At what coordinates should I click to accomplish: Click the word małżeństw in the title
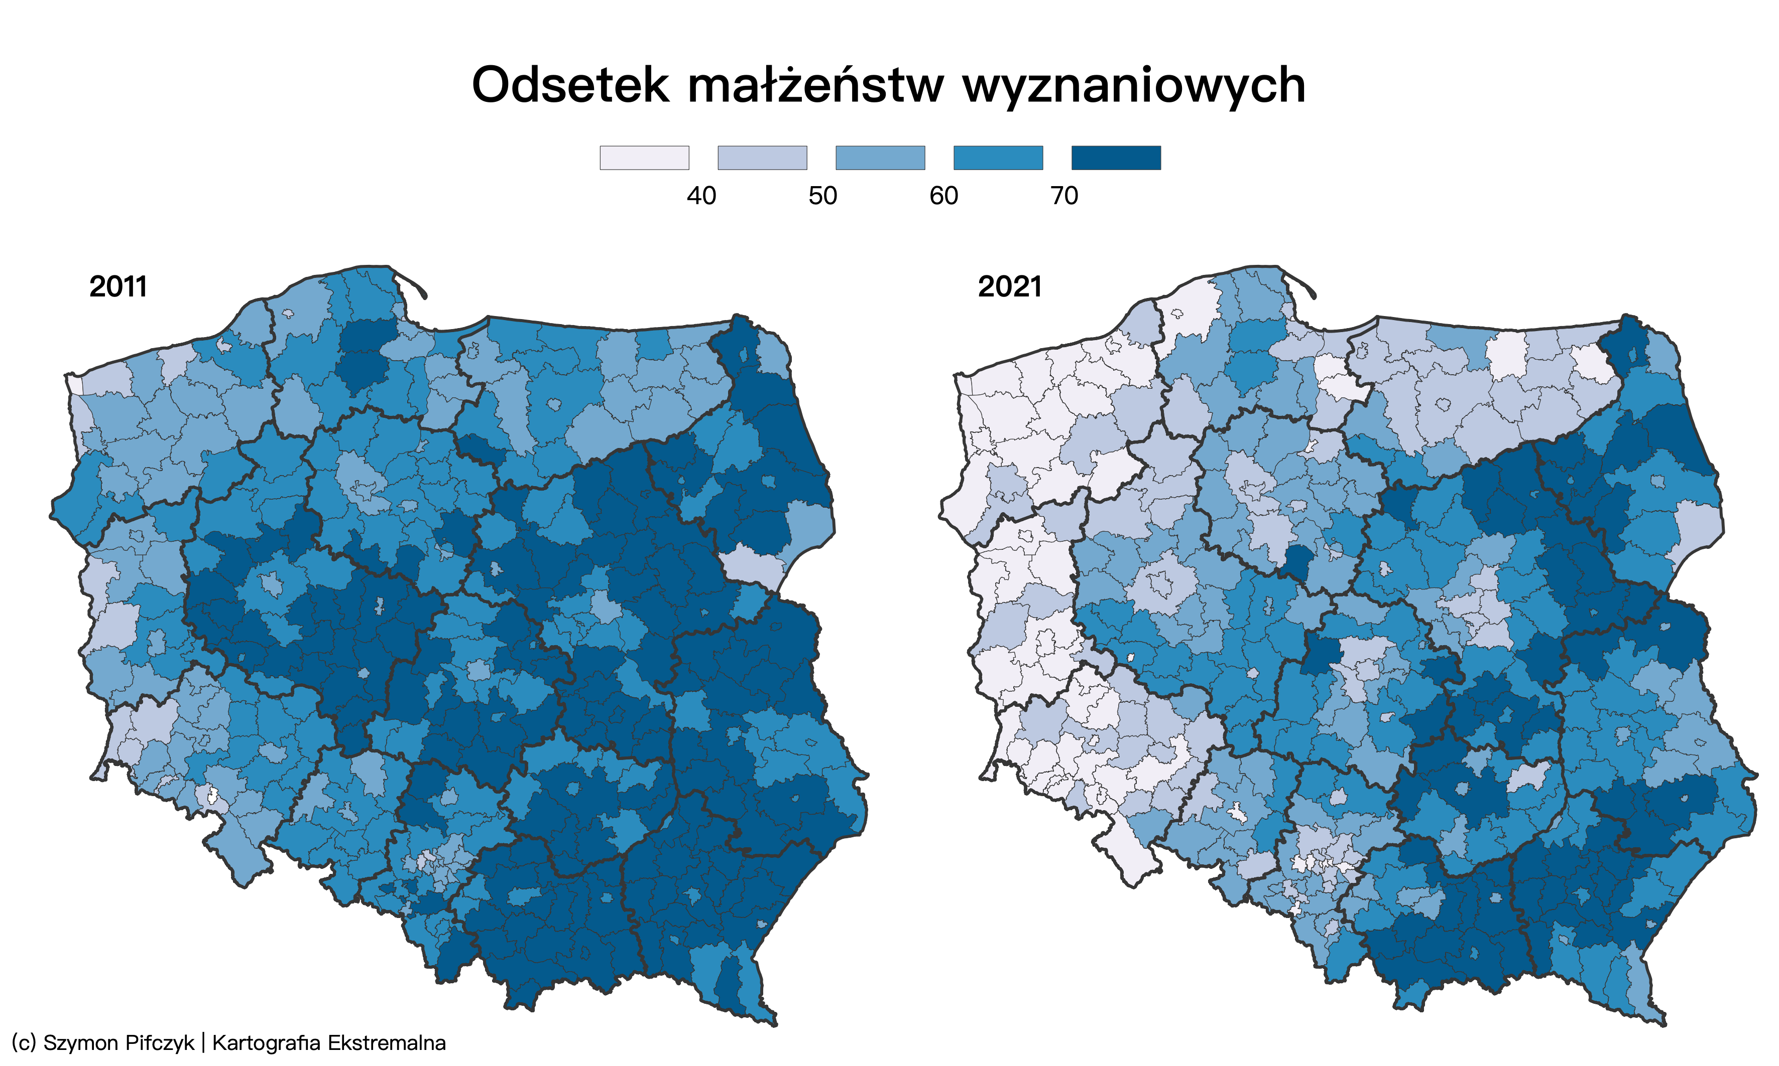(x=816, y=85)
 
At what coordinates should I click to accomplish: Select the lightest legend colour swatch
(x=644, y=158)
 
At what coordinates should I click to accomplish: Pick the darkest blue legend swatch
(x=1116, y=158)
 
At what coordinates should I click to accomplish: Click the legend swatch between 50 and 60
(x=880, y=158)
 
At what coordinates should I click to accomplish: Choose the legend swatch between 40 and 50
(x=762, y=158)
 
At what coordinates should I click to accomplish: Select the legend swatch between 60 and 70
(x=998, y=158)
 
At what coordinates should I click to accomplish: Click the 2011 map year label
(x=118, y=286)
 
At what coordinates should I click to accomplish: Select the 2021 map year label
(x=1009, y=286)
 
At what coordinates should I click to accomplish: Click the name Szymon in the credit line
(x=76, y=1043)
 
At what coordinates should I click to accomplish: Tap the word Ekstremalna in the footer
(x=386, y=1043)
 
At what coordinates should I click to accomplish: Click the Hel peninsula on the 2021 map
(x=1303, y=281)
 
